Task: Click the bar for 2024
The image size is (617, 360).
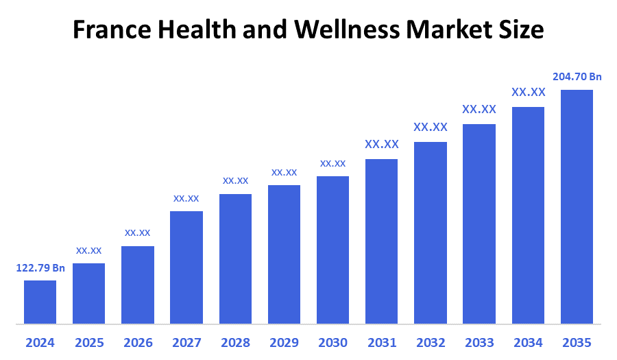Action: tap(40, 302)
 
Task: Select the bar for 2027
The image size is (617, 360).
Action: tap(186, 267)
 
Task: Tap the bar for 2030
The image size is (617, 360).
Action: tap(332, 250)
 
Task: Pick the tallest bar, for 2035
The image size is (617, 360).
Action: tap(577, 206)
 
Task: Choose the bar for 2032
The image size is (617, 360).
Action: tap(431, 232)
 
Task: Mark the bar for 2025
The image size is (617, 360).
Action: tap(89, 293)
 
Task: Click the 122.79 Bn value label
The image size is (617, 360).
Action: tap(40, 267)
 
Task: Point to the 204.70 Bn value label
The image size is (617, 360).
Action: tap(577, 77)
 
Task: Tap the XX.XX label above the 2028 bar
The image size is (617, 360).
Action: tap(235, 181)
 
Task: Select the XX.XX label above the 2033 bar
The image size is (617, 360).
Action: tap(479, 109)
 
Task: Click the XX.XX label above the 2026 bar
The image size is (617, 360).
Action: tap(138, 233)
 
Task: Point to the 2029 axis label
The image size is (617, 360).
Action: tap(284, 342)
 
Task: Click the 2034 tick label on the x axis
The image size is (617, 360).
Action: tap(528, 342)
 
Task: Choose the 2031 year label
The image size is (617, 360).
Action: tap(381, 342)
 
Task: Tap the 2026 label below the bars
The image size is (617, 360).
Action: tap(138, 342)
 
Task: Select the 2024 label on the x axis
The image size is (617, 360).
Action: tap(40, 342)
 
